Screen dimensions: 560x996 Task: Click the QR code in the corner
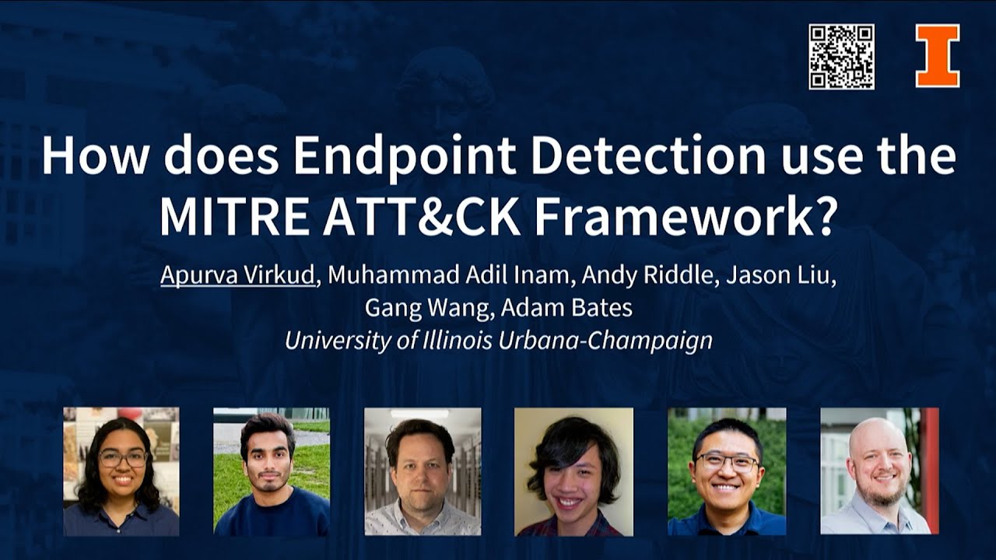(x=841, y=57)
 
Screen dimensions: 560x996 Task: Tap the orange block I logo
(x=937, y=56)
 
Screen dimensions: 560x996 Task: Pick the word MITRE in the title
(x=235, y=218)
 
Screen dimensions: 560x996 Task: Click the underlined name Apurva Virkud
(x=238, y=276)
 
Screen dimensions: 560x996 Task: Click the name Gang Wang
(x=428, y=308)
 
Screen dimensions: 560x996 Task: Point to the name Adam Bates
(x=566, y=308)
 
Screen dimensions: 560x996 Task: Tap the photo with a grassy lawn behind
(x=272, y=471)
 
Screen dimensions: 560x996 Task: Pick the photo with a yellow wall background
(x=573, y=471)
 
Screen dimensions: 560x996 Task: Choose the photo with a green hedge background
(x=727, y=471)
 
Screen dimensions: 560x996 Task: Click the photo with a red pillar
(x=879, y=471)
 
